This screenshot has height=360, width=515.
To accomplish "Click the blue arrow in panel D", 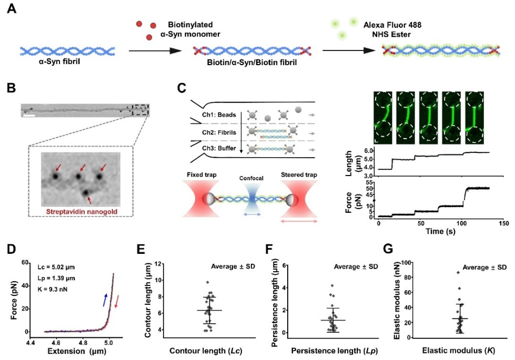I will coord(105,299).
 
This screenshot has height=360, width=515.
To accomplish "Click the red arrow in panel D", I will coord(118,302).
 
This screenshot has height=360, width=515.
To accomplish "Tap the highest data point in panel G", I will coord(458,272).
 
